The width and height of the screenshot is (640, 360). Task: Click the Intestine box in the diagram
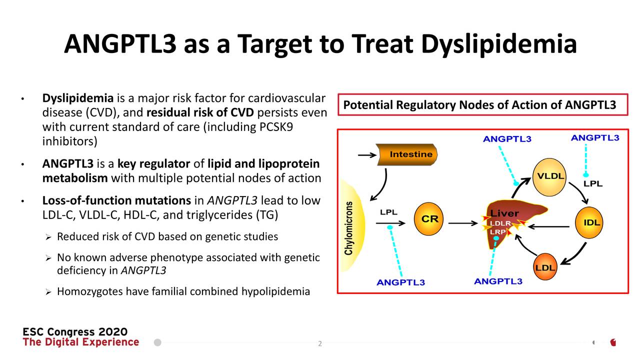point(407,154)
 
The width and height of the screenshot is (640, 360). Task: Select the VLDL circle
point(549,177)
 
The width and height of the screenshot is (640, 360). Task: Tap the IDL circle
point(589,222)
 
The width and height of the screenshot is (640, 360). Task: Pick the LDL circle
point(545,267)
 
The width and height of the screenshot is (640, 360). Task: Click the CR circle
point(428,219)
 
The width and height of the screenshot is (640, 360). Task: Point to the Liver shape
point(511,221)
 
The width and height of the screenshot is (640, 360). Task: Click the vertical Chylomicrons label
point(348,228)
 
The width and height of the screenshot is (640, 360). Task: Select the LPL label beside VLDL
point(593,183)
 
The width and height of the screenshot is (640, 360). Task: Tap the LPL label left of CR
point(388,212)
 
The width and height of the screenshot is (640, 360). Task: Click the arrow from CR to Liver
point(463,223)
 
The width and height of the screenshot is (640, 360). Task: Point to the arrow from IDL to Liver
point(548,227)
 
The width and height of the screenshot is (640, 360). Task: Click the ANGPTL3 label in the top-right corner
point(595,138)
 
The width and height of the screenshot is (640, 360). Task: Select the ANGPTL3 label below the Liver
point(498,281)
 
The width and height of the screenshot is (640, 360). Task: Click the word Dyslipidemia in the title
point(499,44)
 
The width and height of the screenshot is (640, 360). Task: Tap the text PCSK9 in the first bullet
point(276,127)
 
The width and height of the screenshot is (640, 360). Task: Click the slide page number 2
point(320,343)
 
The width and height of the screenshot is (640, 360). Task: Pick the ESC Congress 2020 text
point(75,331)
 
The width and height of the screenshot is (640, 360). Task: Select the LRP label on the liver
point(497,232)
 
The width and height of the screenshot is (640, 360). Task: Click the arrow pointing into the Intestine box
point(367,155)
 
